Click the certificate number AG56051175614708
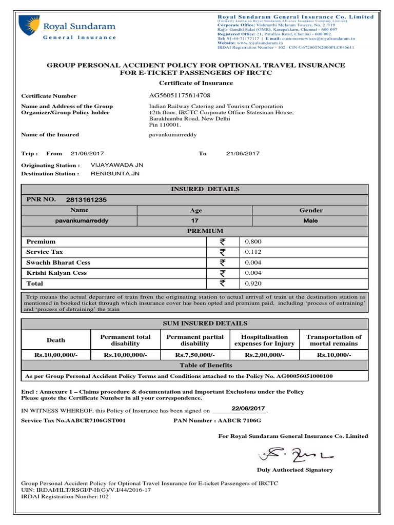(x=179, y=95)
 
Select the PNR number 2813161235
(x=87, y=199)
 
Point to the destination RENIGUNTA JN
(x=115, y=174)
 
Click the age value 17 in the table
(x=195, y=220)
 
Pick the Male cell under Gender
(x=311, y=220)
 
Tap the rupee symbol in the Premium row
(x=222, y=241)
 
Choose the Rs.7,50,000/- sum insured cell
(x=195, y=355)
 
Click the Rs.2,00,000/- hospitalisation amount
(x=264, y=355)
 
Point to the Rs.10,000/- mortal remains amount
(x=333, y=355)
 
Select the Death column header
(x=56, y=340)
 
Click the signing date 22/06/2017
(x=248, y=408)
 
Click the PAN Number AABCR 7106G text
(x=218, y=420)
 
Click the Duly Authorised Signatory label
(x=294, y=470)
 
